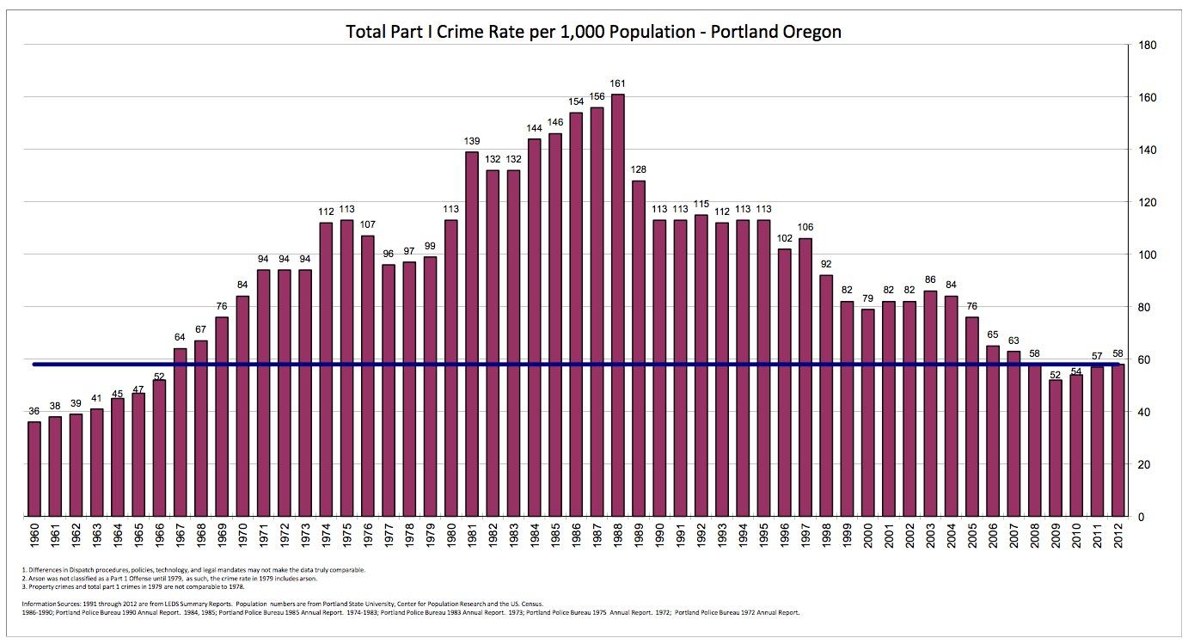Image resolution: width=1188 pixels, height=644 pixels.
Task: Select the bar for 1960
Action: tap(34, 469)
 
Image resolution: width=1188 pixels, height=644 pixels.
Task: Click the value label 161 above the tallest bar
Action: tap(617, 83)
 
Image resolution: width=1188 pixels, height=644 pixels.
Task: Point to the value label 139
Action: tap(471, 141)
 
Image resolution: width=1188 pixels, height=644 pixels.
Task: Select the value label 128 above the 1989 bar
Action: tap(638, 169)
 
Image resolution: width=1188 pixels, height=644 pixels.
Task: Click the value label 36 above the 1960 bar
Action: tap(34, 411)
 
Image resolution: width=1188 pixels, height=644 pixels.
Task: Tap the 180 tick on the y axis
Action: tap(1146, 45)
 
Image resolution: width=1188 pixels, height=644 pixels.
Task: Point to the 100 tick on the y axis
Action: tap(1146, 255)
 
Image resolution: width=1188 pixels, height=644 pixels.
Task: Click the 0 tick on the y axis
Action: tap(1141, 517)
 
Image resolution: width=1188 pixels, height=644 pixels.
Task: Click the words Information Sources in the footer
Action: tap(48, 604)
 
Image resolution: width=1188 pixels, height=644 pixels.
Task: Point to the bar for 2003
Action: tap(931, 403)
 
